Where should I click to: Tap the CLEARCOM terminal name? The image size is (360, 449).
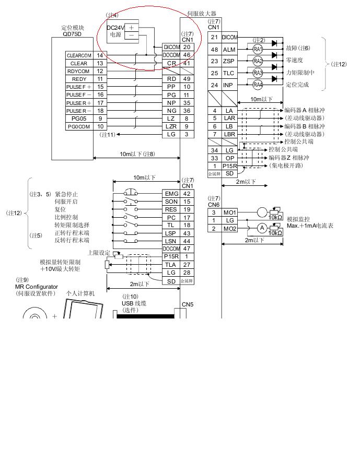79,55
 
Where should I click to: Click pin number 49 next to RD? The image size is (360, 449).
186,79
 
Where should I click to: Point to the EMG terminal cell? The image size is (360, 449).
171,194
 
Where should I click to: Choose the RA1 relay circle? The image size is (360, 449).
257,49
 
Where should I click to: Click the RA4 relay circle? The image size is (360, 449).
257,85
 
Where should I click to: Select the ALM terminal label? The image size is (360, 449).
229,50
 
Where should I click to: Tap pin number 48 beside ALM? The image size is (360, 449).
215,50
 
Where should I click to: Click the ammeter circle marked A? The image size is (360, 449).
262,228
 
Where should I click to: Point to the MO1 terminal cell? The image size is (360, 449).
229,212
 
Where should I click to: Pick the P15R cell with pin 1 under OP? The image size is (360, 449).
229,166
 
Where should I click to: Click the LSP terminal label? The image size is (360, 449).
171,233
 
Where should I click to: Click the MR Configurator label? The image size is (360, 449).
37,287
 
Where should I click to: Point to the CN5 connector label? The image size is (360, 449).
187,304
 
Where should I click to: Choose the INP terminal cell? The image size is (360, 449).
229,85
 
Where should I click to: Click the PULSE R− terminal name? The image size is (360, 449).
79,111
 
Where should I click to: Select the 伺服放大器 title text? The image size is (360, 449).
202,14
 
